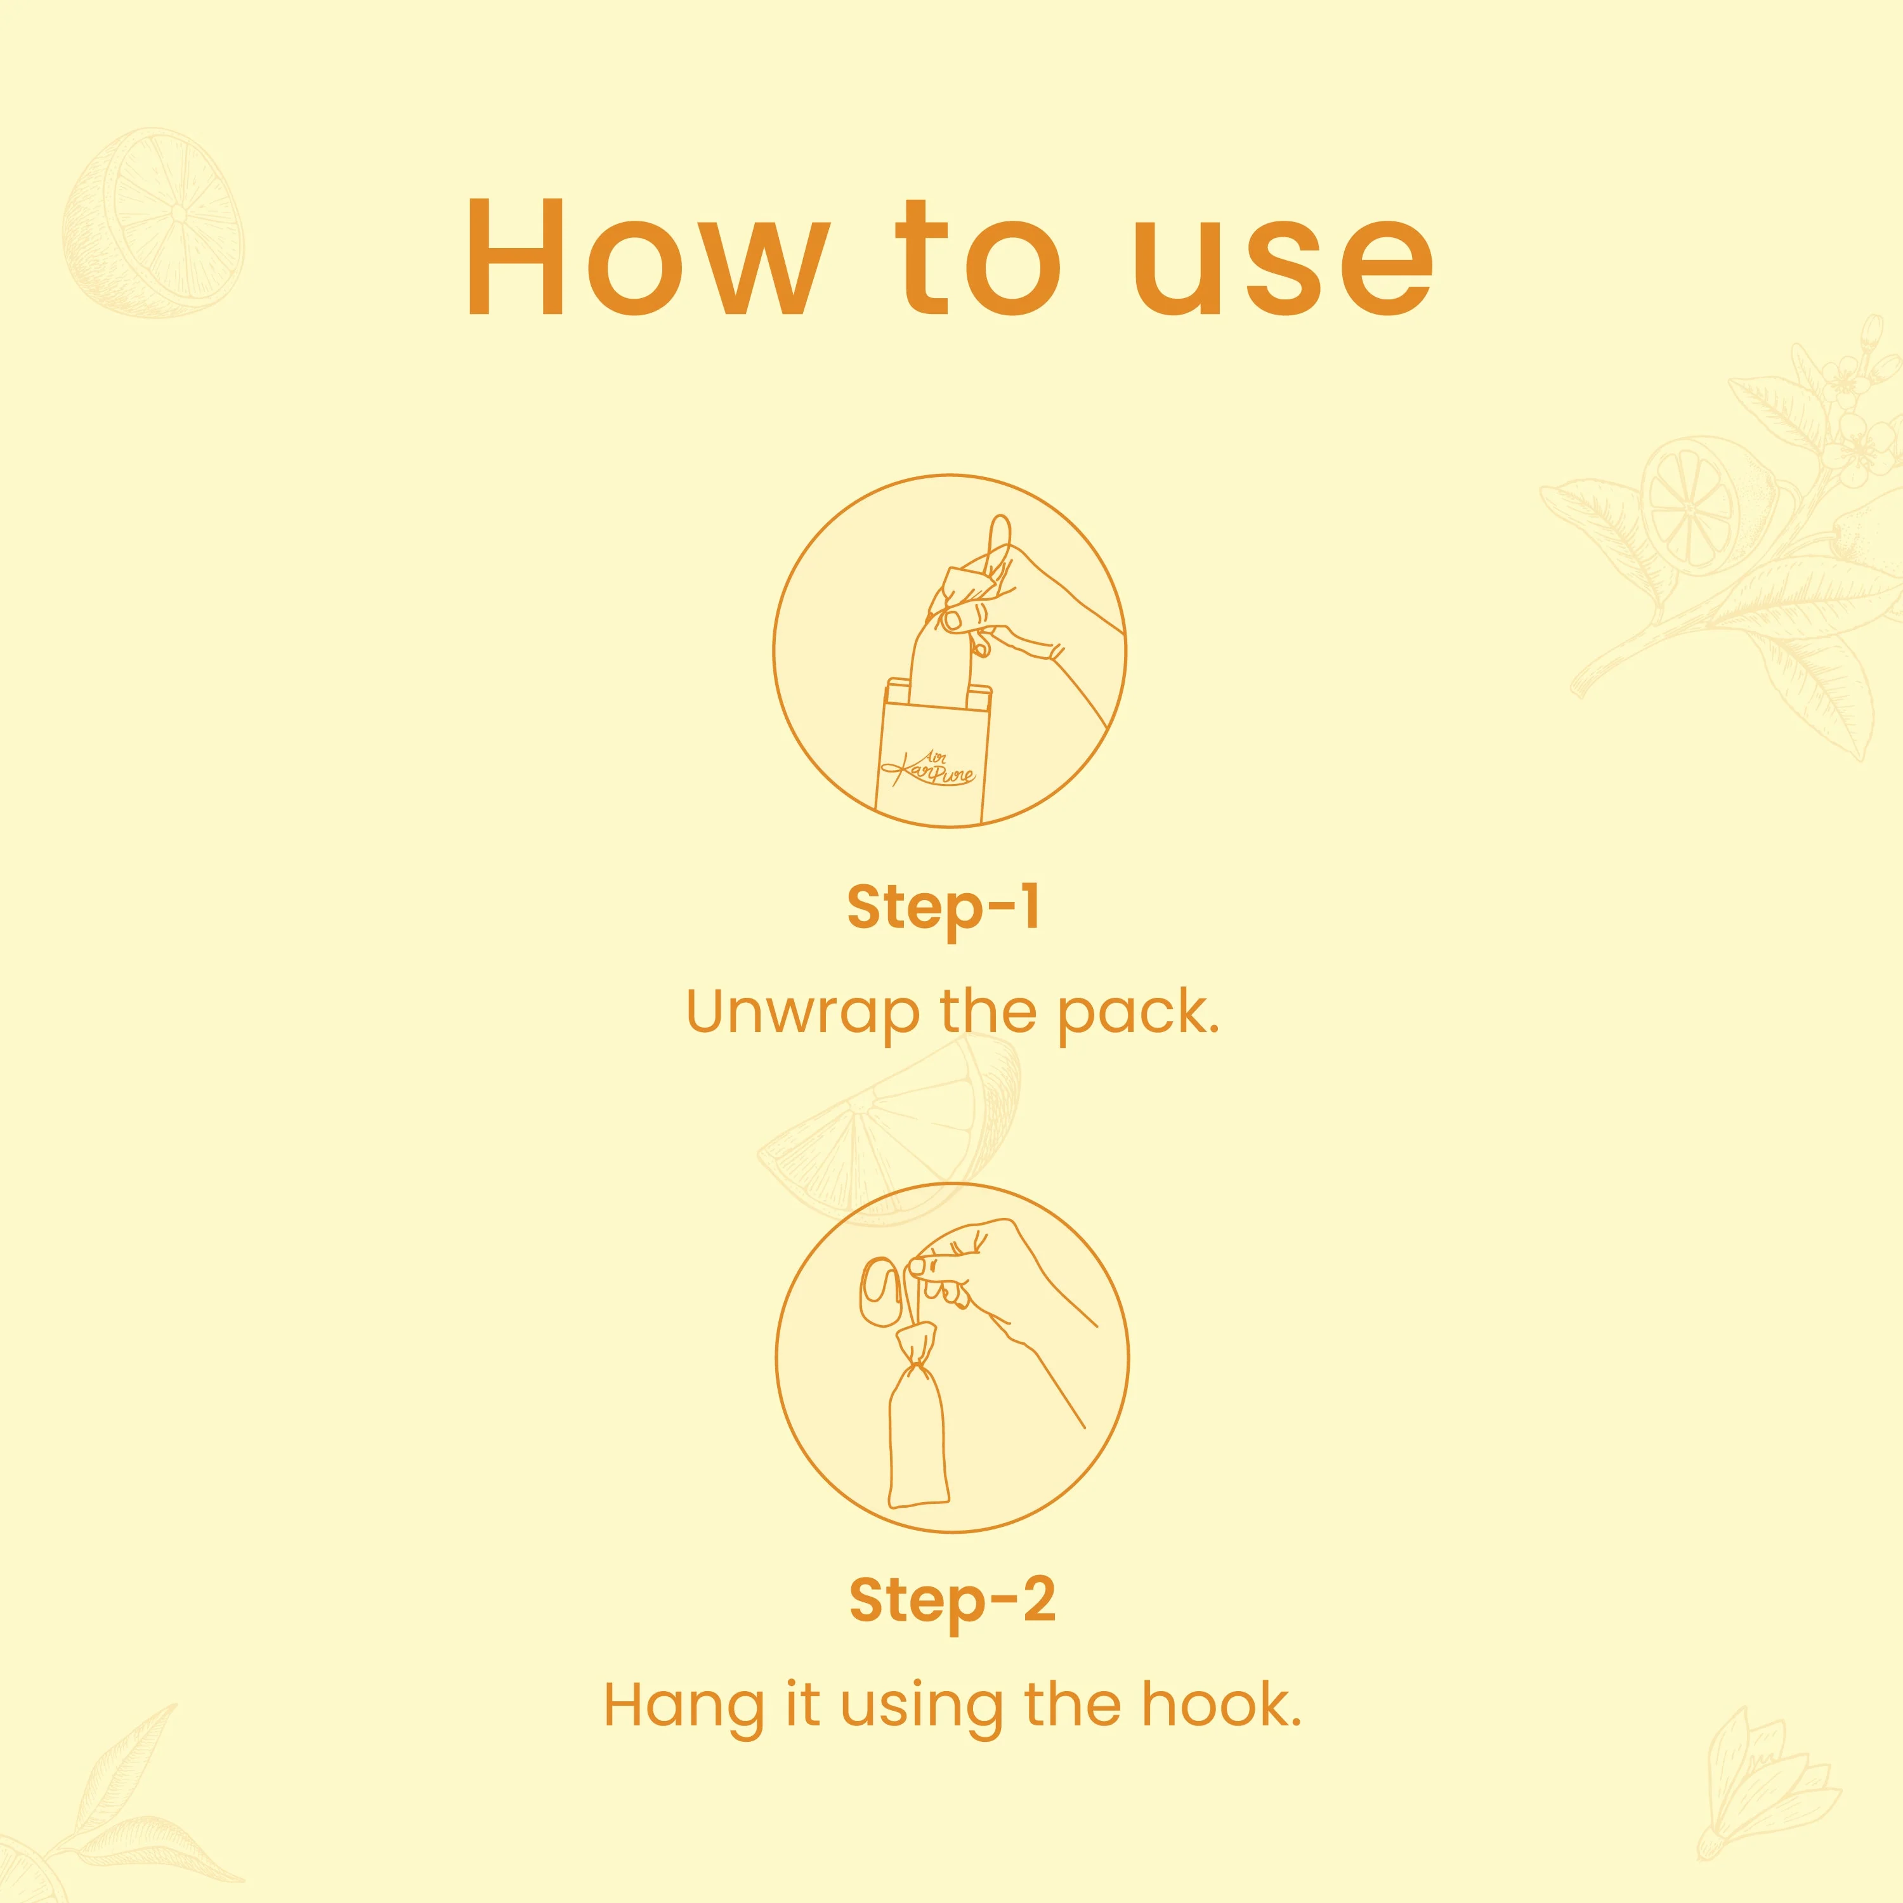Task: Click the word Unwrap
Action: pos(804,1014)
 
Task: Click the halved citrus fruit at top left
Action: pos(153,221)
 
